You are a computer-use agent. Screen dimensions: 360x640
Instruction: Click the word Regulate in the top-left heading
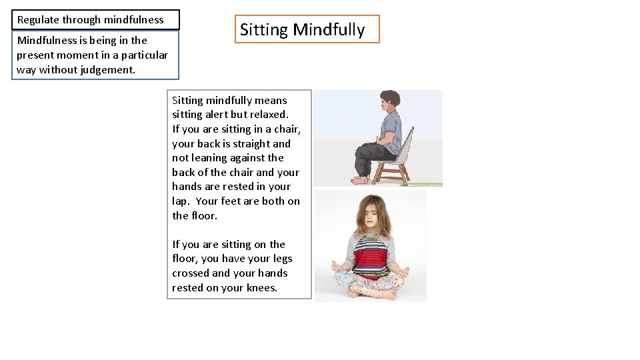38,20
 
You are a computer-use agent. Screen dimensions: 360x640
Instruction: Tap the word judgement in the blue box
107,69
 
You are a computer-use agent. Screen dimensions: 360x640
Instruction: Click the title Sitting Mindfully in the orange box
302,30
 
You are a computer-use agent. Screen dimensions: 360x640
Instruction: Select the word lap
180,201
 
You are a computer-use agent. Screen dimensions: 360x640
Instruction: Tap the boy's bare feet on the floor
361,179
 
